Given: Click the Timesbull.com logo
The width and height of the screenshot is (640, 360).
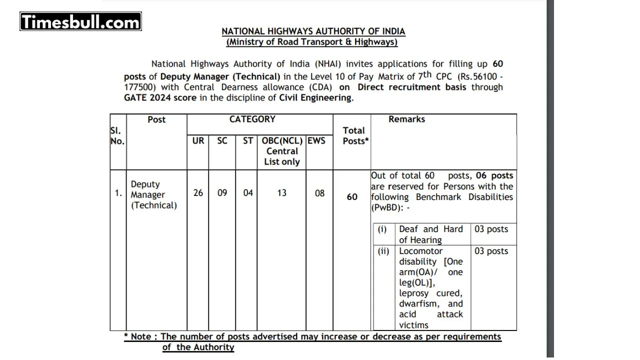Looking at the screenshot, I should pyautogui.click(x=80, y=21).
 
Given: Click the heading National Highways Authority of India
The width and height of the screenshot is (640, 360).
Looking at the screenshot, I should pyautogui.click(x=313, y=31).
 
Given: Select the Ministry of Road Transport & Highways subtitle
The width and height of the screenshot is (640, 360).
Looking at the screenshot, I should pyautogui.click(x=312, y=42).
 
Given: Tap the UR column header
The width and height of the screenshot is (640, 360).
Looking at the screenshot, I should pyautogui.click(x=198, y=141).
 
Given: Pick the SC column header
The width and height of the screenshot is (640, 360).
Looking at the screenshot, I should pyautogui.click(x=222, y=141).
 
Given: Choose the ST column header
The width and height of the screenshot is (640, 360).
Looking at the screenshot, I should pyautogui.click(x=248, y=141).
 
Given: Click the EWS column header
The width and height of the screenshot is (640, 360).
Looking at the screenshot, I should pyautogui.click(x=316, y=141).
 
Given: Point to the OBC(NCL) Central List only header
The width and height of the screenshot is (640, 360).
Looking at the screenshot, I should pyautogui.click(x=281, y=151).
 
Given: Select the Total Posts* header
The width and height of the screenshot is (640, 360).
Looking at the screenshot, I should pyautogui.click(x=355, y=135).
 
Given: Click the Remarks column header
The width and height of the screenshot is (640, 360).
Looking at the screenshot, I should pyautogui.click(x=406, y=119).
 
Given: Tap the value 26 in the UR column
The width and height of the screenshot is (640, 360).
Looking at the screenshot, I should pyautogui.click(x=198, y=192).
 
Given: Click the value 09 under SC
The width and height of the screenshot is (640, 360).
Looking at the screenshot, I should pyautogui.click(x=222, y=192).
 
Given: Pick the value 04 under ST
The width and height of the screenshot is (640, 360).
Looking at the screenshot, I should pyautogui.click(x=248, y=192).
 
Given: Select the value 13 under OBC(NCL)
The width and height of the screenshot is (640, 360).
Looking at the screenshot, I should pyautogui.click(x=281, y=192).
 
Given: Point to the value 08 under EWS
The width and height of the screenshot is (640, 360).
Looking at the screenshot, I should pyautogui.click(x=319, y=193).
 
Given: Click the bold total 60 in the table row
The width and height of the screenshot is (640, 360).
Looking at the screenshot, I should pyautogui.click(x=352, y=197).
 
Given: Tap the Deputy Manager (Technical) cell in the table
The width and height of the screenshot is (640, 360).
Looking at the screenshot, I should pyautogui.click(x=154, y=194).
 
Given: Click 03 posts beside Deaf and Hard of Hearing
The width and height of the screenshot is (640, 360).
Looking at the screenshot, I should pyautogui.click(x=491, y=229).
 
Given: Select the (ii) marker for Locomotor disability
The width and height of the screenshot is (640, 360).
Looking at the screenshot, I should pyautogui.click(x=383, y=251).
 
